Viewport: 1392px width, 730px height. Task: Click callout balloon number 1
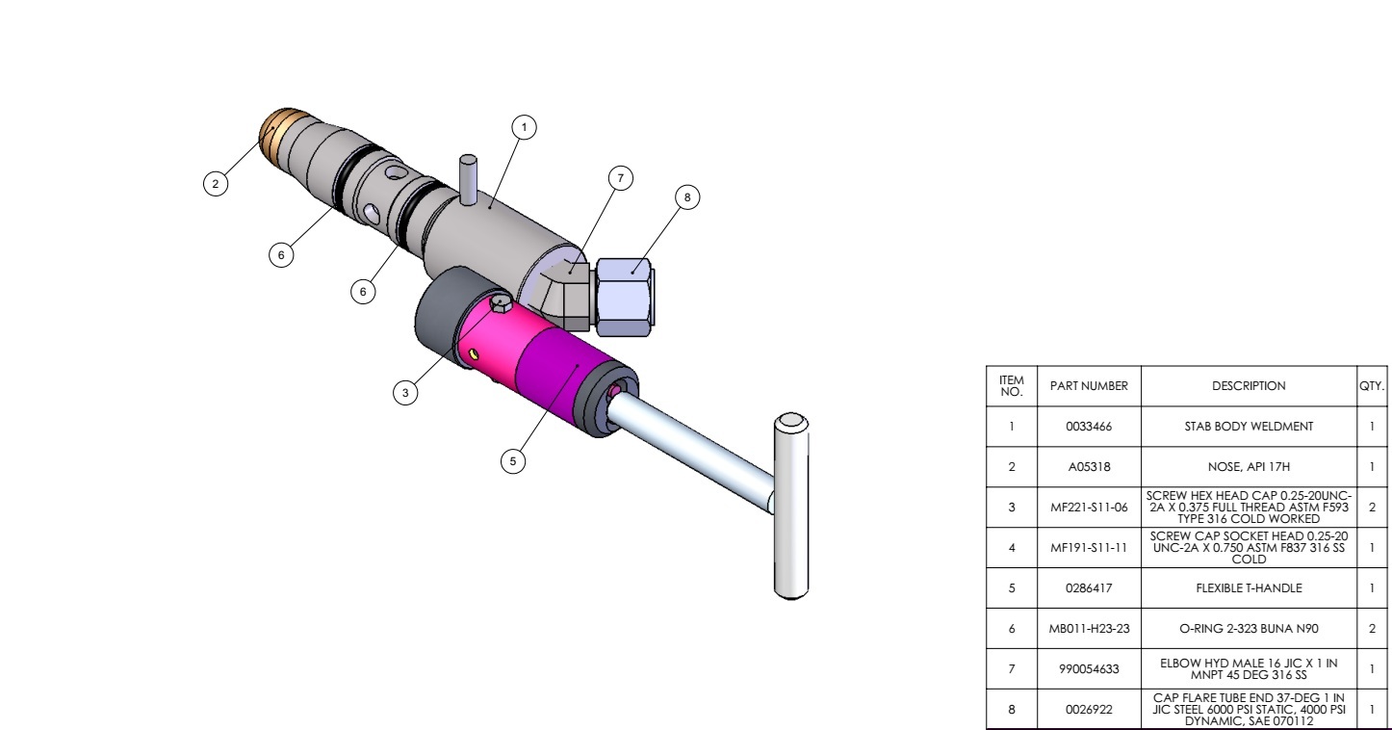524,127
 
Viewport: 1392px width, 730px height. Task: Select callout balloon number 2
216,183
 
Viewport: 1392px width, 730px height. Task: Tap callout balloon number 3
405,392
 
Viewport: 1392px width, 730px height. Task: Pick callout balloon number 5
513,461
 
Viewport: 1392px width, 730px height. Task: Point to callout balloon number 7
620,178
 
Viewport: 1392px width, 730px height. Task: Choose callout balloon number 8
686,197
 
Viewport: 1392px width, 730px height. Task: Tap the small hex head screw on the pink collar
501,303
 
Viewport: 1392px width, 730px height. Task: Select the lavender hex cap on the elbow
624,298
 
